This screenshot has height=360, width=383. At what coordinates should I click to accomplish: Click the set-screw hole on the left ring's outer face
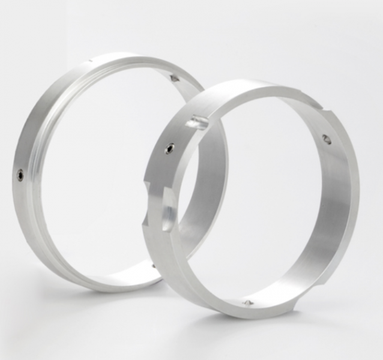20,175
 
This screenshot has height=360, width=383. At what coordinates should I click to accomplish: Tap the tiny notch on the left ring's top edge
89,61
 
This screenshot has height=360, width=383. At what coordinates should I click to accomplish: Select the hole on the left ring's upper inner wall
174,77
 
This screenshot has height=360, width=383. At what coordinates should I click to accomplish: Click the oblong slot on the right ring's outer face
197,124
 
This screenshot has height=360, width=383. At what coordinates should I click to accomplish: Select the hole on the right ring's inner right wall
326,139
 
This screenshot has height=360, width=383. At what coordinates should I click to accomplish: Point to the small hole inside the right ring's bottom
246,304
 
